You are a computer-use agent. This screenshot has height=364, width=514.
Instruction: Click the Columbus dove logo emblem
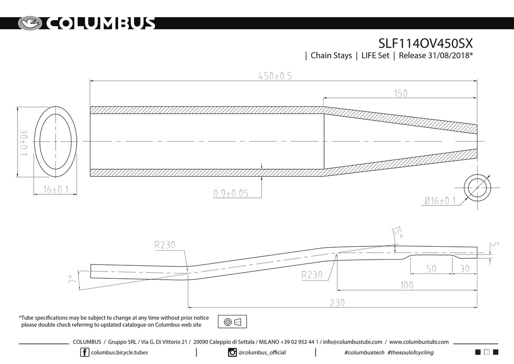[x=30, y=23]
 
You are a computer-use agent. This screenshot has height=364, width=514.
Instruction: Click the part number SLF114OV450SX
[x=425, y=43]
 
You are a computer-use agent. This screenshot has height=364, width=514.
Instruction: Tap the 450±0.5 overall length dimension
[x=275, y=76]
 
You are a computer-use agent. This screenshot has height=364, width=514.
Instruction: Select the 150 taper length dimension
[x=401, y=93]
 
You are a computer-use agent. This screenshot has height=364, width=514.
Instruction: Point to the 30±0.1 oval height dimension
[x=24, y=143]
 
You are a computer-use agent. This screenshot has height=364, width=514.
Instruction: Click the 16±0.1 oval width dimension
[x=56, y=190]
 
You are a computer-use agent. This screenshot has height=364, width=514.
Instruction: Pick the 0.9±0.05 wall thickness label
[x=231, y=193]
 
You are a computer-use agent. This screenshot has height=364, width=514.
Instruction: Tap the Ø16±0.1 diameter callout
[x=440, y=201]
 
